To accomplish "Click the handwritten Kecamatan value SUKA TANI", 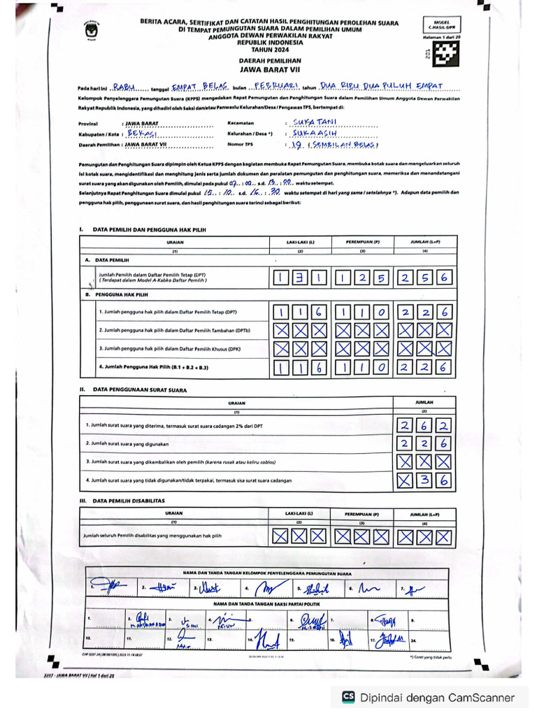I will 316,121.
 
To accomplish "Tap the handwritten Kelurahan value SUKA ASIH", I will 315,133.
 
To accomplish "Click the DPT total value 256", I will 424,278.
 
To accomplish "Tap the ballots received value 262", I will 424,425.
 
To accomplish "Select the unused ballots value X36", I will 424,480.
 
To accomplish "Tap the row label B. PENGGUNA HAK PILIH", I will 129,294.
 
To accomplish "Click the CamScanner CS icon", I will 348,696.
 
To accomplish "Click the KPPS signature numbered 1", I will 112,587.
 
